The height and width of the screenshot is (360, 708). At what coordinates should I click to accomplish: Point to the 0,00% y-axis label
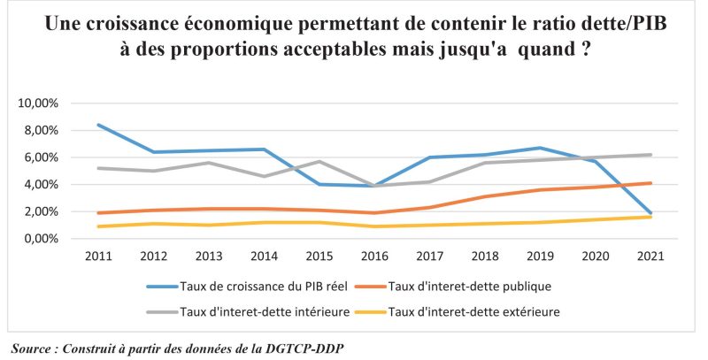click(41, 239)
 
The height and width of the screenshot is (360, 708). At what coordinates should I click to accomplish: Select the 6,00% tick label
click(41, 157)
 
